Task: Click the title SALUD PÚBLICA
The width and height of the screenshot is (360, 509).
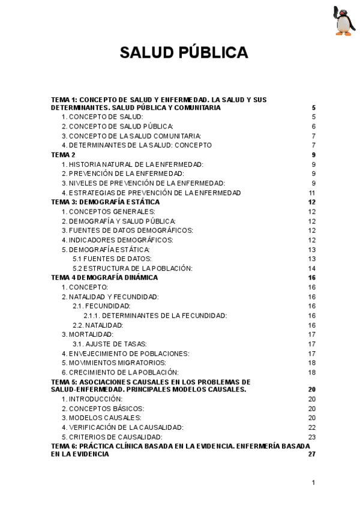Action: (x=184, y=53)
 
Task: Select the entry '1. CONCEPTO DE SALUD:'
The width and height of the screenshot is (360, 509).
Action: (x=103, y=116)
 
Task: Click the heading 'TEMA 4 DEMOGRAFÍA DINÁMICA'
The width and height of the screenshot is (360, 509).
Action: (x=104, y=278)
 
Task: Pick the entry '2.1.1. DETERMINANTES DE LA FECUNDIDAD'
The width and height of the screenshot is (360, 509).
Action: (x=155, y=316)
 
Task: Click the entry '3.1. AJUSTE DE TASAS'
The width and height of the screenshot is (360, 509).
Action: (x=102, y=344)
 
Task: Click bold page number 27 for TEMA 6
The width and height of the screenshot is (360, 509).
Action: (x=311, y=454)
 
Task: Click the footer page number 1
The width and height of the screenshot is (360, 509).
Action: (x=314, y=483)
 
